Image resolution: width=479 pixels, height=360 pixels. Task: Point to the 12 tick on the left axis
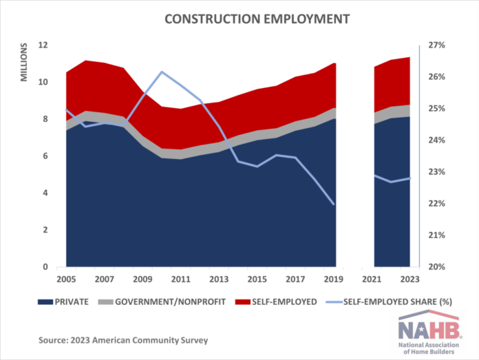[x=43, y=45]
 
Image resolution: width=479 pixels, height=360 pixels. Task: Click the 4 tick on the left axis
[x=45, y=193]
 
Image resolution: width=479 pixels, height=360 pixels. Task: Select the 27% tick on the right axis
[x=437, y=45]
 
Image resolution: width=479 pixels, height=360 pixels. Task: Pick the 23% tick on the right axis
[x=437, y=172]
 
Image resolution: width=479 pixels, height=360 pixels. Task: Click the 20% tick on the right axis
[x=437, y=267]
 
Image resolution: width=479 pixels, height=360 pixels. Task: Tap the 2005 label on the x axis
[x=65, y=279]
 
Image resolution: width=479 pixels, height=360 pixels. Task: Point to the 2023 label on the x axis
[x=409, y=279]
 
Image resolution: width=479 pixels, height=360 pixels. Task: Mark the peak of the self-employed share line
[x=161, y=72]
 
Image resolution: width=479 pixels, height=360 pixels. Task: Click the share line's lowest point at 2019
[x=334, y=204]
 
